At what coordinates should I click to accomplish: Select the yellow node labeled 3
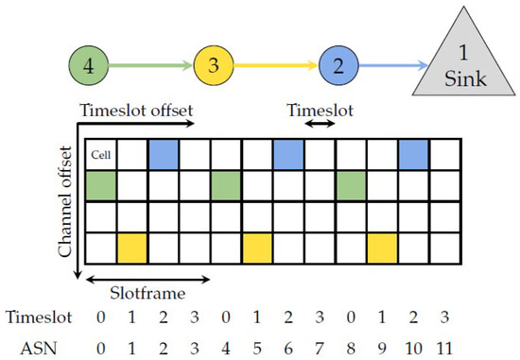214,66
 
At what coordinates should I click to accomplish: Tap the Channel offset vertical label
64,201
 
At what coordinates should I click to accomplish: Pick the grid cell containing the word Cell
100,154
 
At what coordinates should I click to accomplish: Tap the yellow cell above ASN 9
382,248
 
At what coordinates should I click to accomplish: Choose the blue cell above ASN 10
413,154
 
